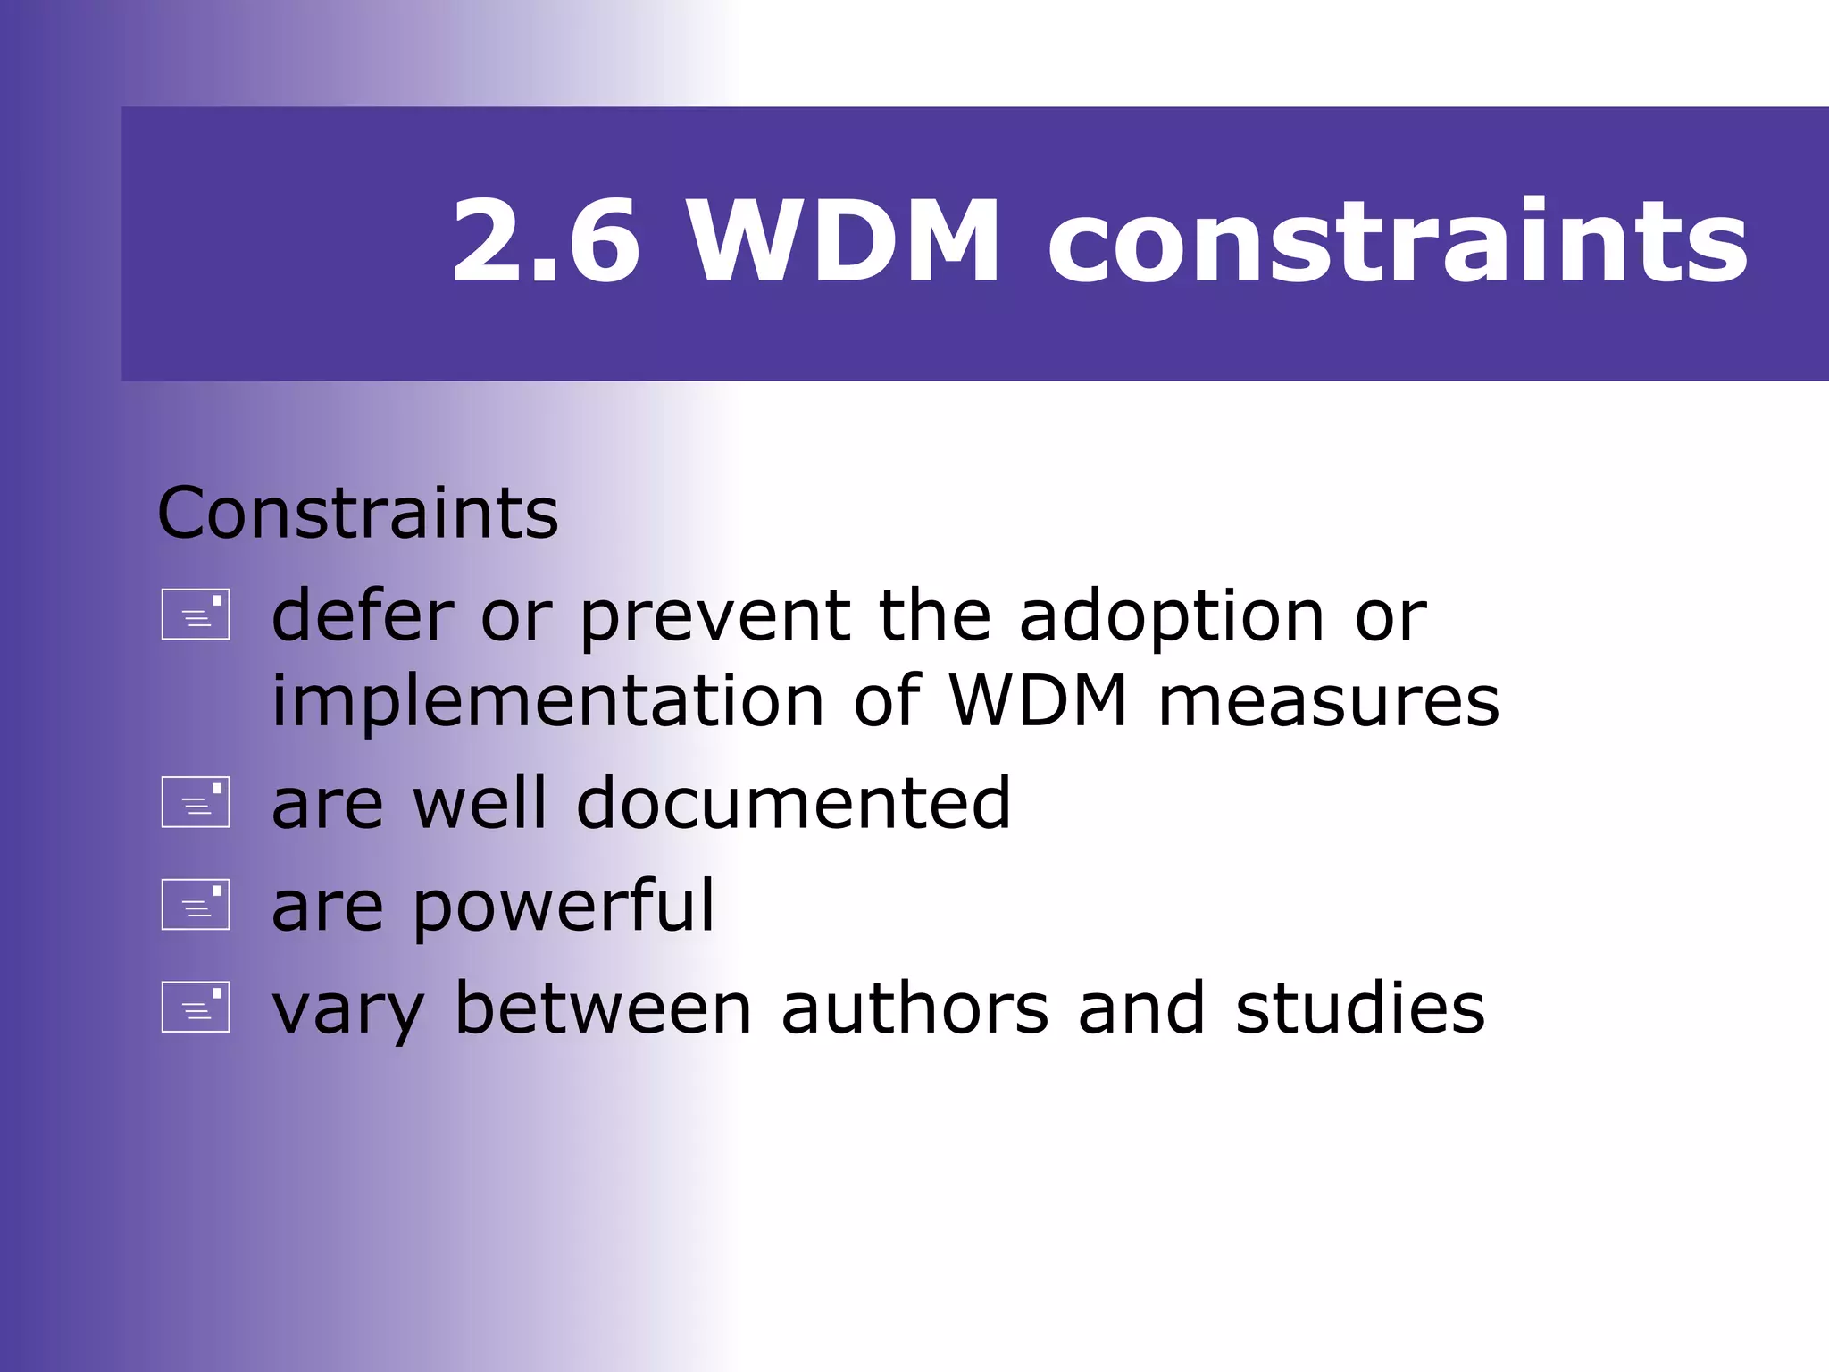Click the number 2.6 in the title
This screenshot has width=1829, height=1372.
click(x=546, y=242)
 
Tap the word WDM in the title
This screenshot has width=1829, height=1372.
click(x=843, y=242)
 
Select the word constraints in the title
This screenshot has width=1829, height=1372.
click(x=1398, y=242)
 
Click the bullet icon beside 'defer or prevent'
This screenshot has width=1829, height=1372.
click(x=196, y=615)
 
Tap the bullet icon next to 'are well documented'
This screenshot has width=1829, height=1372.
click(x=196, y=802)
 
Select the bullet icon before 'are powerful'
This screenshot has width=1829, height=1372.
click(x=196, y=905)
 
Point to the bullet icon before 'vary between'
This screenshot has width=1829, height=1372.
click(x=196, y=1008)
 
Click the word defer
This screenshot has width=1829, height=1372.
click(x=363, y=616)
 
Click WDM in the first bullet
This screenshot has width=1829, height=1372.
click(x=1039, y=701)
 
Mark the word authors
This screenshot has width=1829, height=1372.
click(x=914, y=1009)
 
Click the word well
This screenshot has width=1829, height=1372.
click(x=480, y=803)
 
